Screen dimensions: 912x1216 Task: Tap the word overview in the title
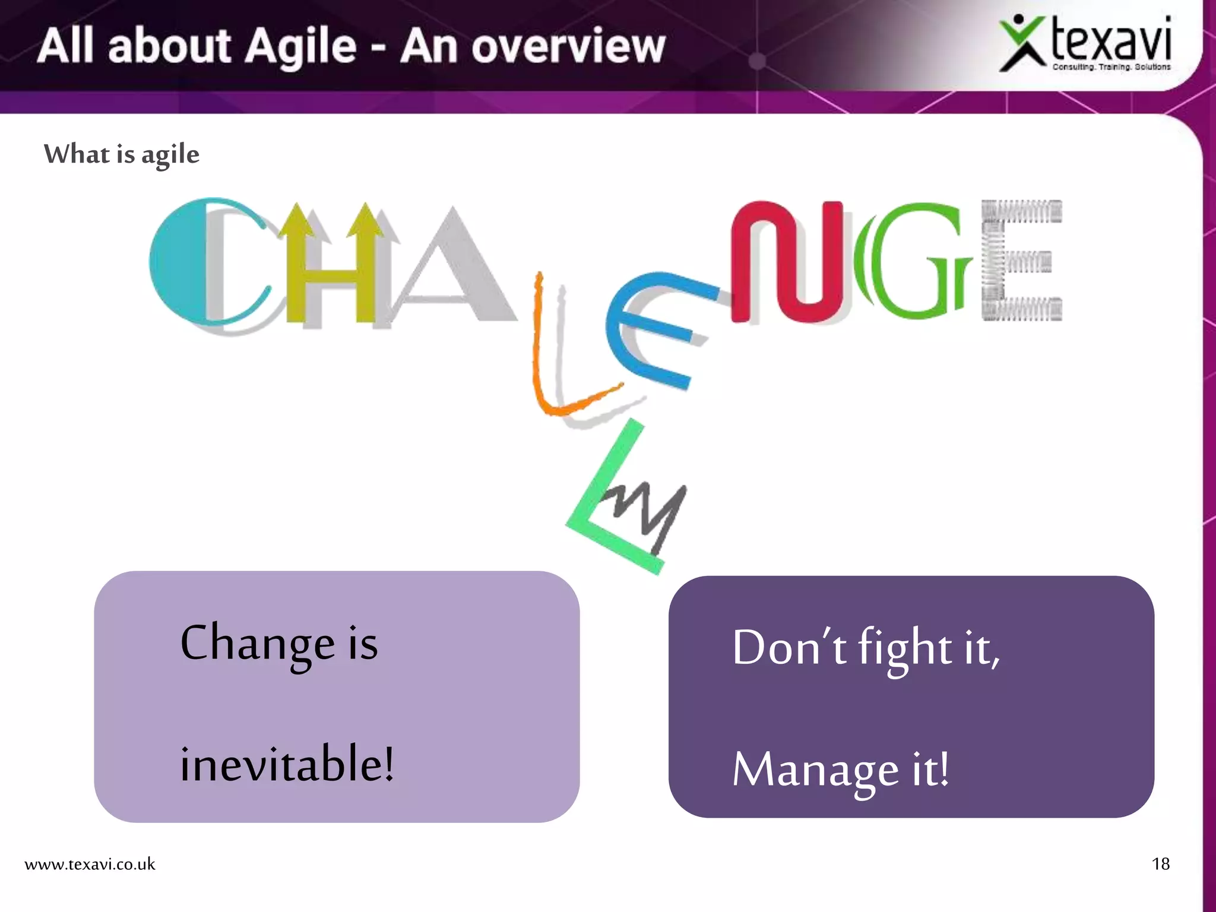(568, 47)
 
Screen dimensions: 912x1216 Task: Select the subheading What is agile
(122, 154)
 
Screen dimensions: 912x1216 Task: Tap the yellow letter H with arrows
(330, 267)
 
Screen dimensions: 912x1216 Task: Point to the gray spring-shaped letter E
(1018, 261)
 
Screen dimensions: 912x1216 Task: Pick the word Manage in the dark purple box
(815, 770)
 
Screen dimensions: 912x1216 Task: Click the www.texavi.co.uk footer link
(90, 864)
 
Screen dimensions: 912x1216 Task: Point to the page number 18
(1160, 864)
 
